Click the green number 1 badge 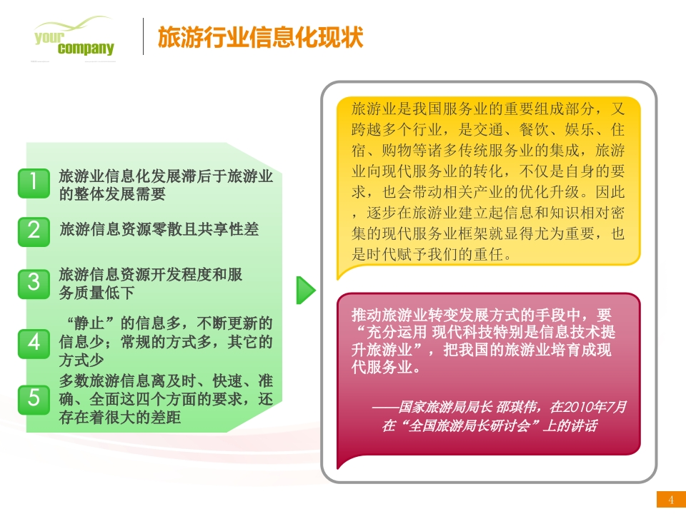point(34,183)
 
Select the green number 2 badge point(34,231)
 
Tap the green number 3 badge point(34,284)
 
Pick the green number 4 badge point(34,344)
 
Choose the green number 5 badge point(34,400)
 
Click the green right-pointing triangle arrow point(306,290)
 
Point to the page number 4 point(671,500)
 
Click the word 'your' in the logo point(49,37)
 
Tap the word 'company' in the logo point(86,48)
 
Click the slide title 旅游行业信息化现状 point(260,37)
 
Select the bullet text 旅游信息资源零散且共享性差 point(159,229)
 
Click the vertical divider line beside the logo point(143,36)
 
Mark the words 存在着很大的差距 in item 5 point(120,418)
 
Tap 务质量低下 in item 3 point(96,293)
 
